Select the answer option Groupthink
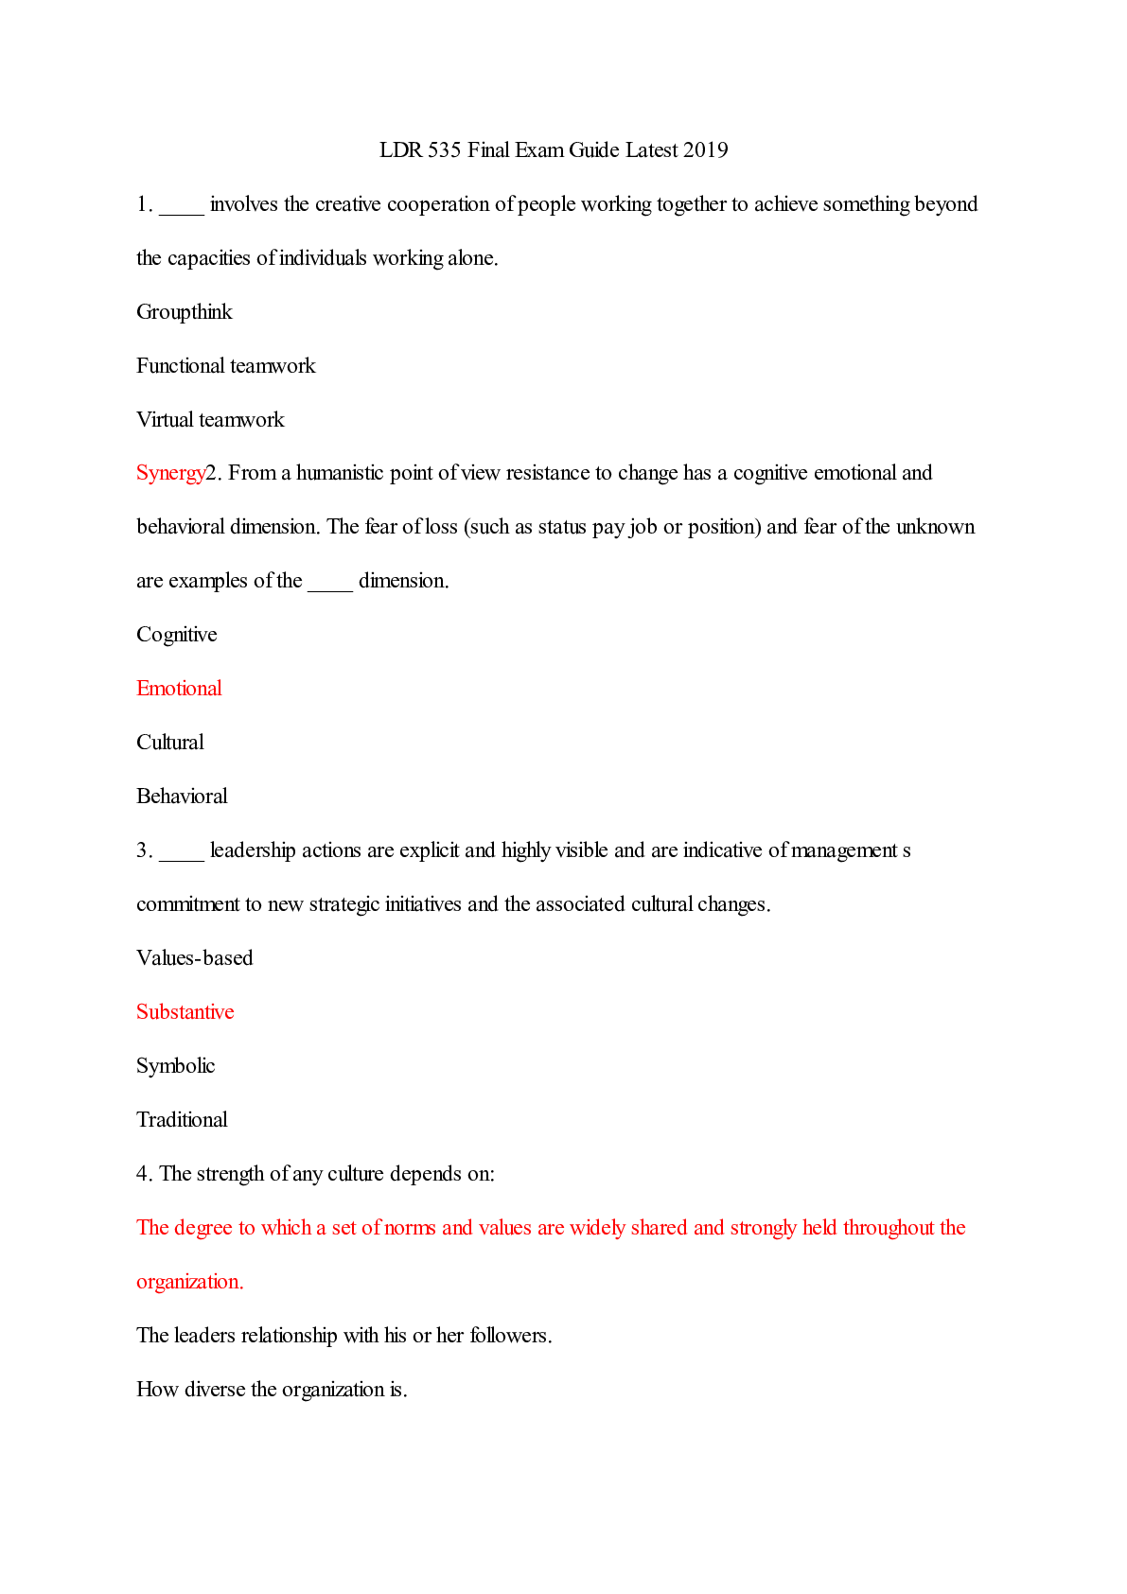click(185, 312)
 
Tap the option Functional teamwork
click(226, 366)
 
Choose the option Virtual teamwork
click(210, 420)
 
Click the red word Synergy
click(170, 473)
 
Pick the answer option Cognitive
click(177, 635)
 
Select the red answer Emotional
click(179, 689)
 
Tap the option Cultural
click(170, 743)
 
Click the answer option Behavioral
click(182, 797)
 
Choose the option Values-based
click(195, 958)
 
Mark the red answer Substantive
click(185, 1012)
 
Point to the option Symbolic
click(176, 1066)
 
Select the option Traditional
click(182, 1120)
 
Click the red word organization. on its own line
click(190, 1282)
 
